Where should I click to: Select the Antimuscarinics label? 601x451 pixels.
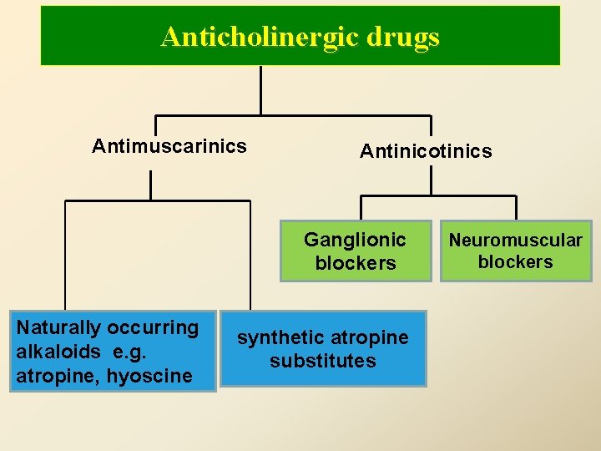(169, 147)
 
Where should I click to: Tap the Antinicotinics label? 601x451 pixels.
(426, 151)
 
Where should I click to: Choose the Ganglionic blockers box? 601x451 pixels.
(356, 251)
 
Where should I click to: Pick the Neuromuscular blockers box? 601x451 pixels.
(516, 251)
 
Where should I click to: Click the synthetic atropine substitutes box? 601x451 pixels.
(323, 349)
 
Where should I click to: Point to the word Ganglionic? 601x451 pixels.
(355, 241)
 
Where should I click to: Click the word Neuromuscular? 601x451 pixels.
(516, 241)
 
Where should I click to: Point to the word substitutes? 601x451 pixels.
(323, 361)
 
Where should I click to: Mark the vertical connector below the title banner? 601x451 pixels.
(261, 89)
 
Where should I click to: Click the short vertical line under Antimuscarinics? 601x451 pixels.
(151, 185)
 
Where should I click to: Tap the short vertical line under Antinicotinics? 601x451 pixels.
(431, 180)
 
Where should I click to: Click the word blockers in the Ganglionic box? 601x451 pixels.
(356, 263)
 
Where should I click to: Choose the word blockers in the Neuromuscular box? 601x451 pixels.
(516, 262)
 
